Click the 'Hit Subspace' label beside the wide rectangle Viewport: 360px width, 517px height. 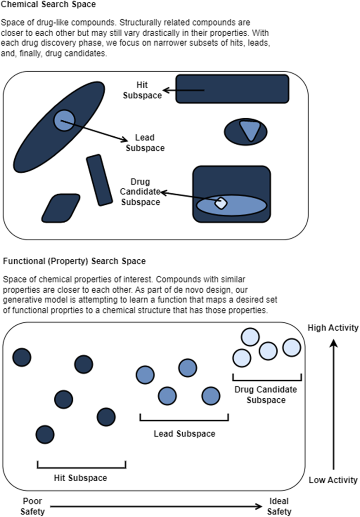[x=142, y=90]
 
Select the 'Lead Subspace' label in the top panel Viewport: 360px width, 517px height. [x=145, y=143]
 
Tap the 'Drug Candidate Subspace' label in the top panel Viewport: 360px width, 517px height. [x=140, y=192]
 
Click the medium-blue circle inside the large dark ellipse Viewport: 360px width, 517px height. [x=64, y=120]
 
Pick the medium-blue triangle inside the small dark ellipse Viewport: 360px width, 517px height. [x=250, y=130]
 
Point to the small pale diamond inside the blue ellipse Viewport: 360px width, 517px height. [x=221, y=203]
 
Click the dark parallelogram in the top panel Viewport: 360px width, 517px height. [x=61, y=208]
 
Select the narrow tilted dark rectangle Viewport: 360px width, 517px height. [x=99, y=180]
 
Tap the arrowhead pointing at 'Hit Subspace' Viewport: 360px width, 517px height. [x=166, y=90]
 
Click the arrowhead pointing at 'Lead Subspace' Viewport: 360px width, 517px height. [x=125, y=140]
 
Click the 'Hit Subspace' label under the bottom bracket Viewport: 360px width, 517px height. [x=81, y=478]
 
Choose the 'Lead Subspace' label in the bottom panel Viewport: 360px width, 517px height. [x=185, y=434]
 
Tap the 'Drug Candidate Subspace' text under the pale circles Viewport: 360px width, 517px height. [x=266, y=395]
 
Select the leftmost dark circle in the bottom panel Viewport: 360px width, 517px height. [x=22, y=357]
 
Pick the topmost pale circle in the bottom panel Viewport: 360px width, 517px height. [x=250, y=337]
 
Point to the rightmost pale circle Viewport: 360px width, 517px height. [x=292, y=347]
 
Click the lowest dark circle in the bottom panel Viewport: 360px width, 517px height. [x=45, y=435]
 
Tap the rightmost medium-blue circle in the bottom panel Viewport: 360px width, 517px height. [x=211, y=396]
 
